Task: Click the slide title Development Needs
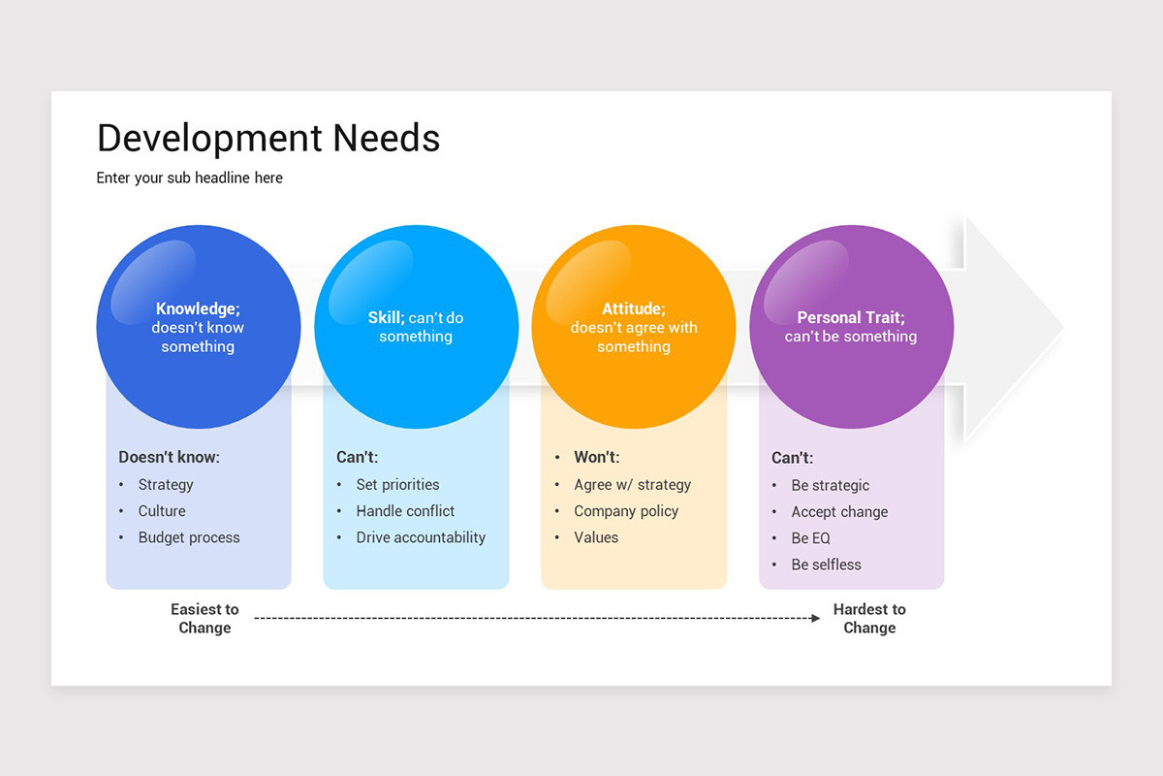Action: [268, 139]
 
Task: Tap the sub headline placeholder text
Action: [190, 178]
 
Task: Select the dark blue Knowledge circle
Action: [198, 327]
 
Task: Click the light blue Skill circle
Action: [416, 327]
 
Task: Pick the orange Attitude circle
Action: [633, 327]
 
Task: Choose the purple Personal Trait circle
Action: [851, 327]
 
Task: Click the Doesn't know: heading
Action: [169, 457]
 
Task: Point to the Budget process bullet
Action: [189, 537]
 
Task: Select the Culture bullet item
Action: [162, 511]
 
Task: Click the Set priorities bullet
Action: [397, 485]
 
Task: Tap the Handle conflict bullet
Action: [405, 511]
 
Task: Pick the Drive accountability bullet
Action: [421, 537]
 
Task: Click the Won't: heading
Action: [596, 457]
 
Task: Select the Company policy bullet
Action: [626, 511]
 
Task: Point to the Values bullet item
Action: [596, 537]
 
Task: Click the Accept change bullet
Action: [839, 512]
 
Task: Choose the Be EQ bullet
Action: [811, 538]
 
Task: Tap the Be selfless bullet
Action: [826, 565]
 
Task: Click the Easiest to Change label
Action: [204, 619]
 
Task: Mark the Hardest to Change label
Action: [869, 619]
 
